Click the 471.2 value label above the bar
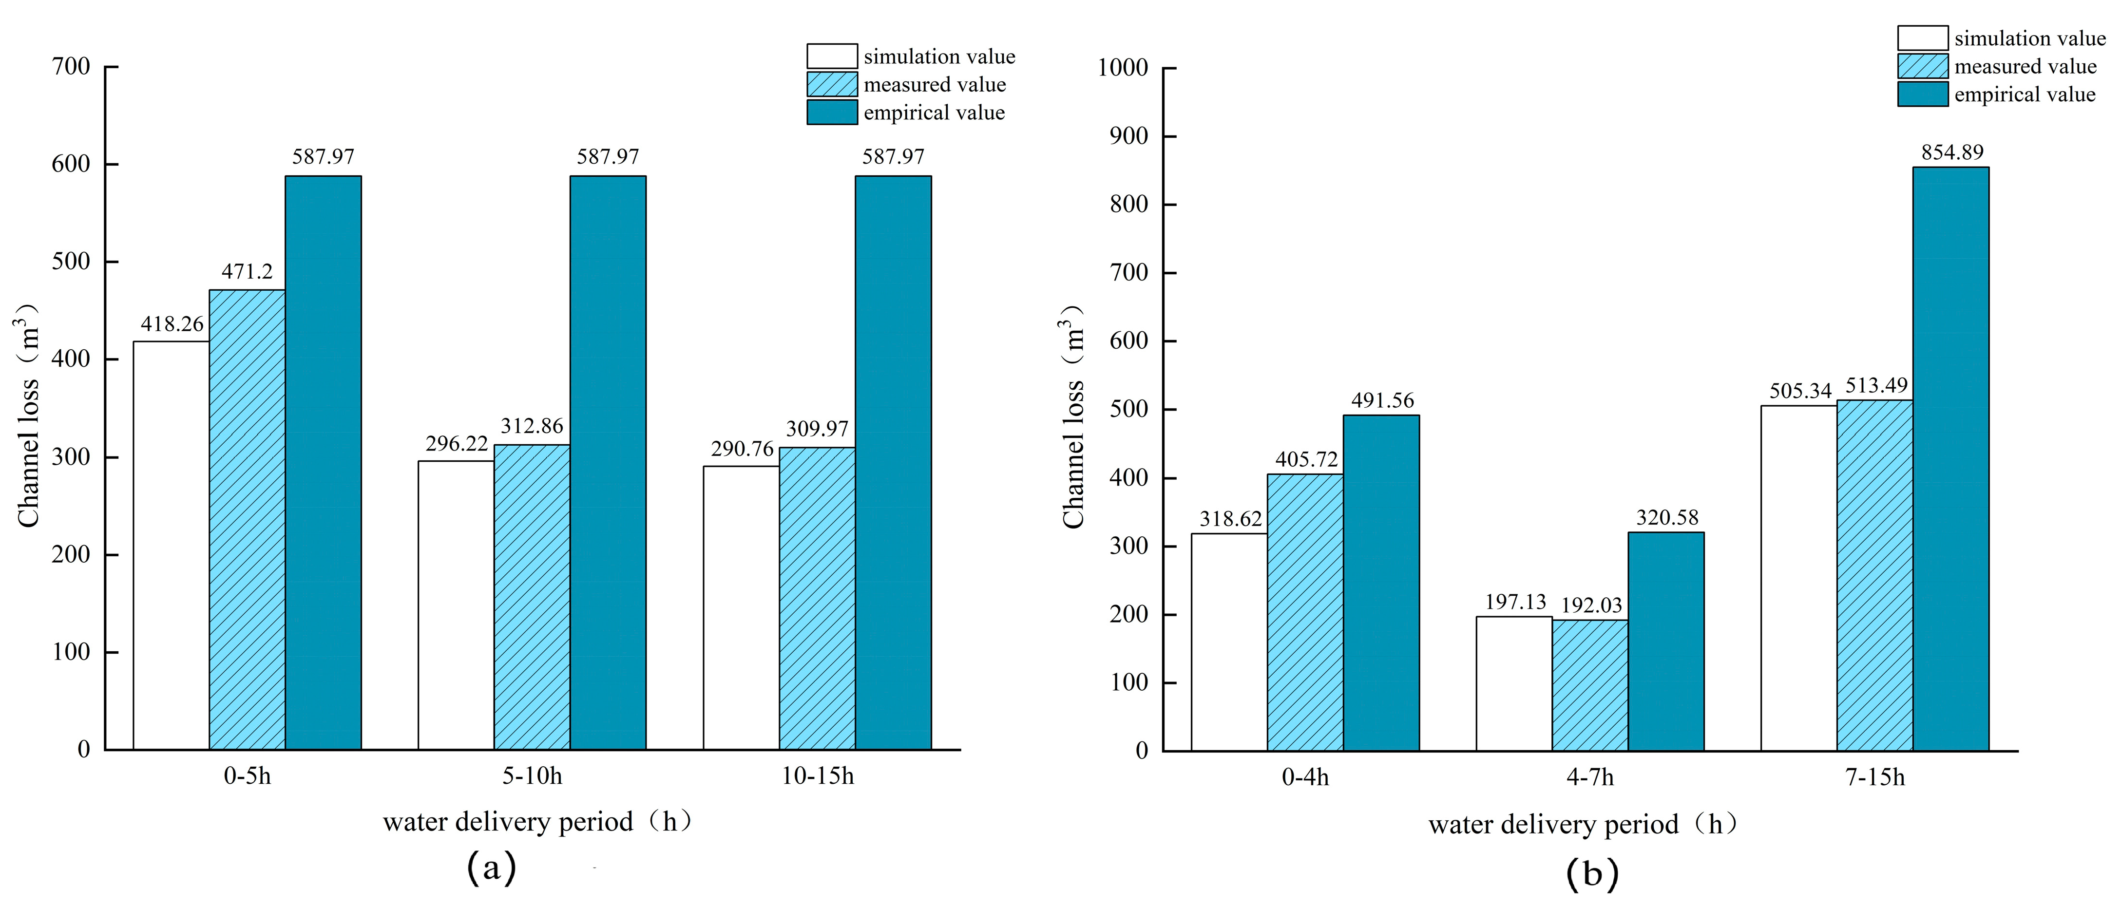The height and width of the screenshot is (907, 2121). coord(247,272)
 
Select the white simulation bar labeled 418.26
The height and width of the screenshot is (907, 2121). coord(171,545)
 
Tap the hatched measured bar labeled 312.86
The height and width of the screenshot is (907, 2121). coord(532,597)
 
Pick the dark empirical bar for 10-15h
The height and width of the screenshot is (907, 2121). coord(893,463)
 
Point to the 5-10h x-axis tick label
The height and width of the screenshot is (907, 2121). coord(532,776)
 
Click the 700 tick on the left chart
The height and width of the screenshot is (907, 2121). coord(71,67)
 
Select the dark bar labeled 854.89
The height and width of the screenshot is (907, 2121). coord(1950,458)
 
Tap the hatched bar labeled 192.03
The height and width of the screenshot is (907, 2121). coord(1590,685)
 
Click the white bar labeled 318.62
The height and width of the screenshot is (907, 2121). coord(1229,642)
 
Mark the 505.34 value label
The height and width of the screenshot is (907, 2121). coord(1801,391)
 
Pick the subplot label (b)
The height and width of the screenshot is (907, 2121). coord(1591,872)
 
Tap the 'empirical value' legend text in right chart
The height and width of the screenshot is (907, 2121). coord(2025,94)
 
